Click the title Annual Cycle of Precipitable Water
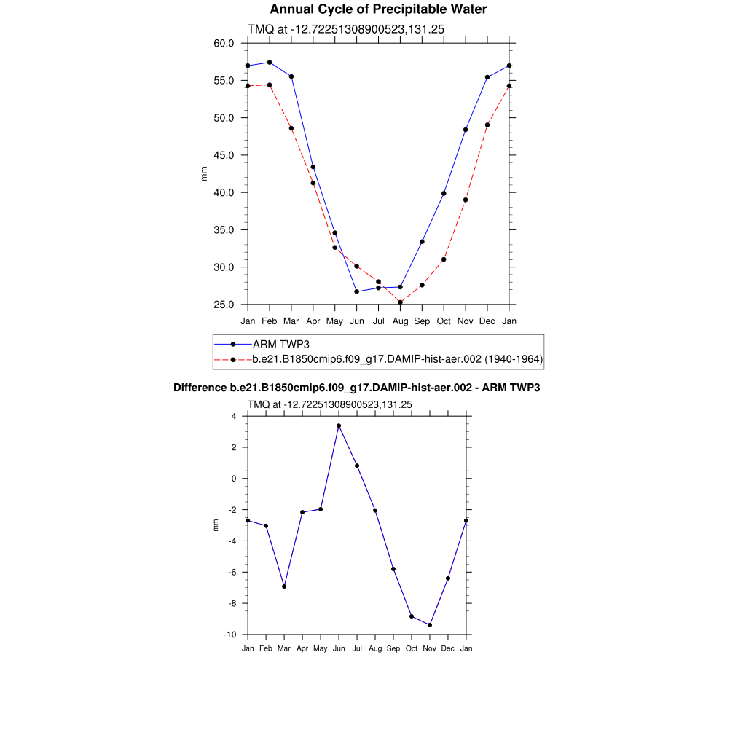[378, 9]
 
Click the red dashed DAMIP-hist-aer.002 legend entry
[397, 359]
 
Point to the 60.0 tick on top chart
[224, 43]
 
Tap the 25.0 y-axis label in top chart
[224, 305]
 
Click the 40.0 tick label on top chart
[224, 192]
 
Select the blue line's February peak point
[270, 63]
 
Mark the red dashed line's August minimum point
[400, 302]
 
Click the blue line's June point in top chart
[357, 291]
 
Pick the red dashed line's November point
[466, 200]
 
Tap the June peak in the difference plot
[339, 425]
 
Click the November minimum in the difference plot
[430, 625]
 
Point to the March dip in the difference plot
[284, 586]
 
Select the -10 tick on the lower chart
[230, 635]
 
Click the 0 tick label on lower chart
[234, 479]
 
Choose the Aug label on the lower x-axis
[375, 648]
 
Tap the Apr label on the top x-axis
[313, 321]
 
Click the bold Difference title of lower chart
[356, 388]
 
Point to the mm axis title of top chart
[204, 173]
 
